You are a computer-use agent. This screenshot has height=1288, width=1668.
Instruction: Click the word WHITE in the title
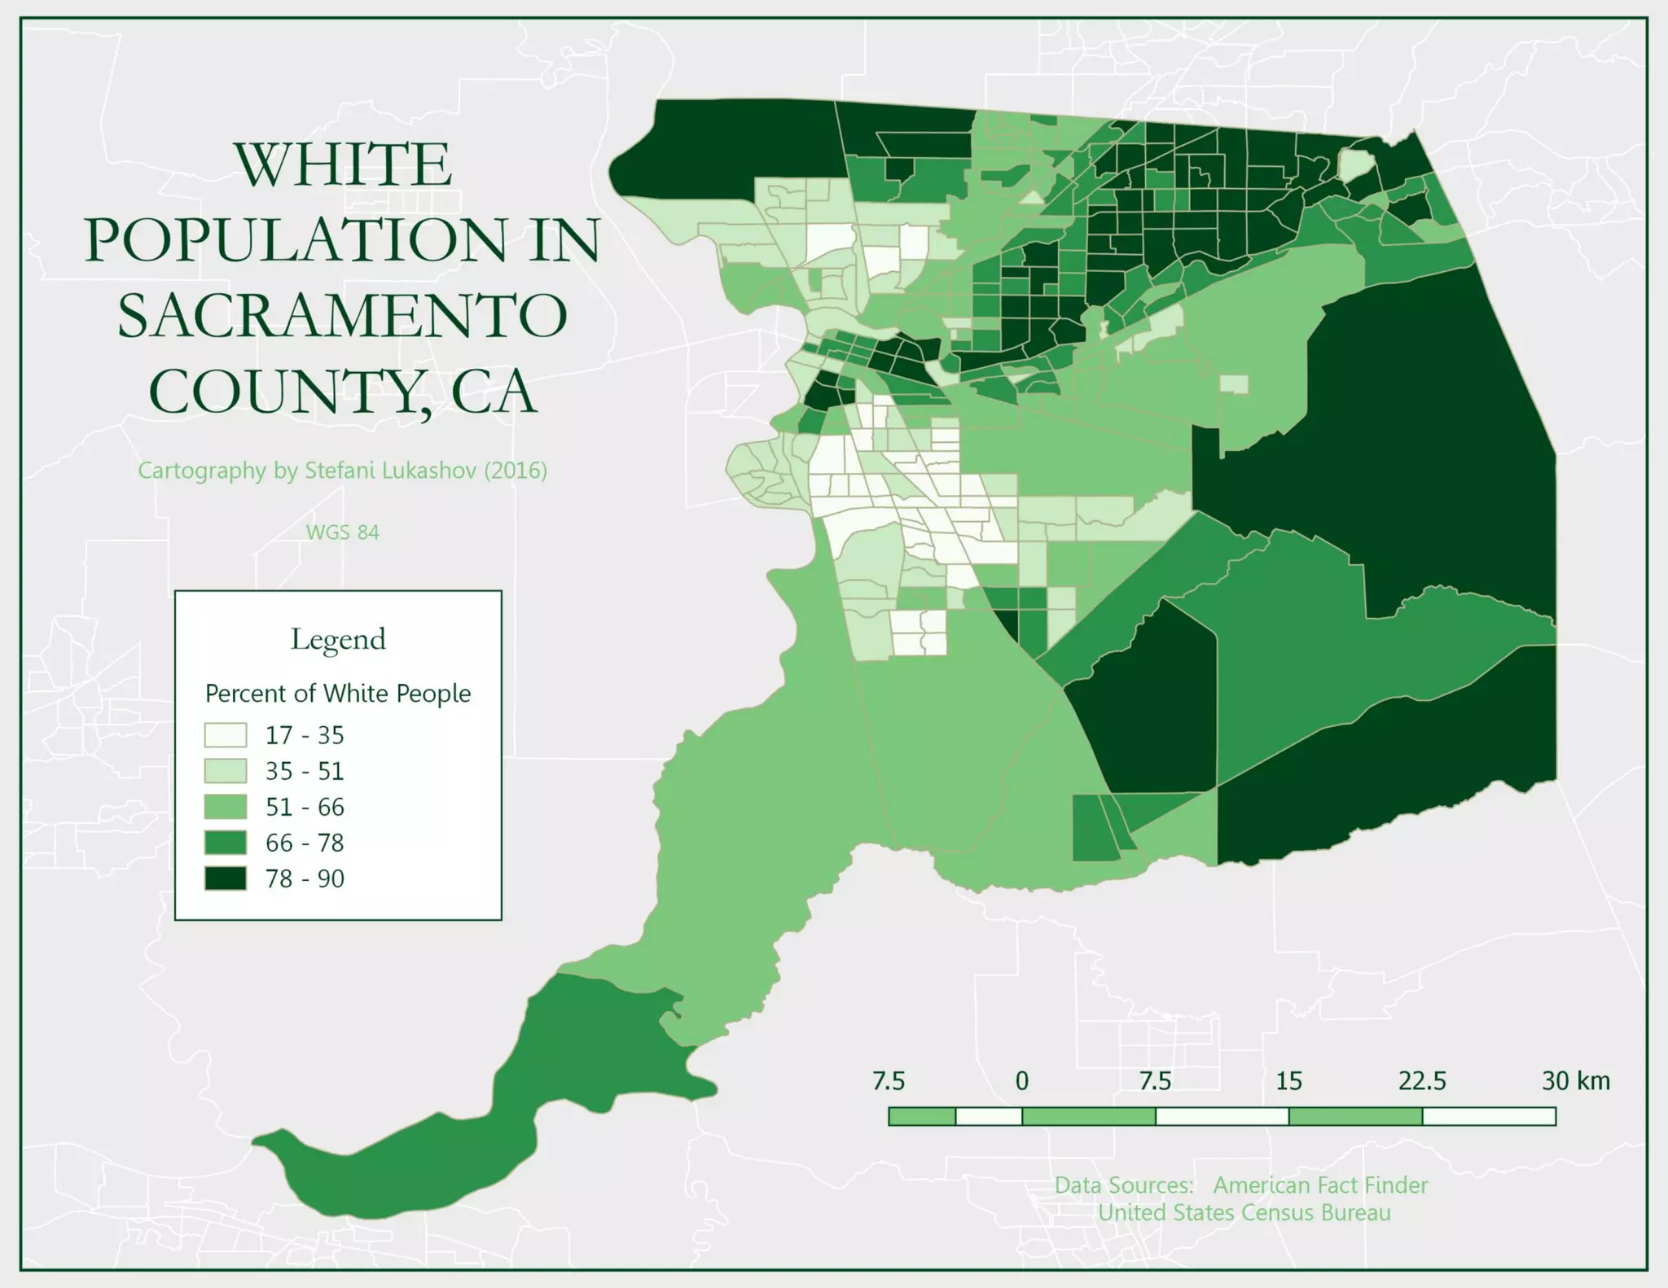click(x=343, y=164)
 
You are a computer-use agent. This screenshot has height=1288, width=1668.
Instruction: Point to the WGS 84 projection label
click(x=343, y=532)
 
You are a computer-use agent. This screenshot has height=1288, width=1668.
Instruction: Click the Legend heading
click(x=338, y=640)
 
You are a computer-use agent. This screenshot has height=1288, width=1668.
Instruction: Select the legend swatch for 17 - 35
click(x=225, y=735)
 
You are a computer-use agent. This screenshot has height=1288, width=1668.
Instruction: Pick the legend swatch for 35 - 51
click(x=225, y=771)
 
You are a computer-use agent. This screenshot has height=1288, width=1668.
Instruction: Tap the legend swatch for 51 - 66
click(x=225, y=807)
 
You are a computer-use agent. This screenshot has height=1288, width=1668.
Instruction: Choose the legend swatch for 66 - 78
click(x=225, y=843)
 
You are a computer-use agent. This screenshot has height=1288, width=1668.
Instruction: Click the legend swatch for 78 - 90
click(x=225, y=878)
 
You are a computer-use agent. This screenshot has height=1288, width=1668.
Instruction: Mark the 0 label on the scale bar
click(x=1021, y=1081)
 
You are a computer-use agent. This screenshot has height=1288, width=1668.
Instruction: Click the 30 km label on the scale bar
click(x=1575, y=1081)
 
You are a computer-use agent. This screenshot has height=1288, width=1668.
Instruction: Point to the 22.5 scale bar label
click(x=1422, y=1081)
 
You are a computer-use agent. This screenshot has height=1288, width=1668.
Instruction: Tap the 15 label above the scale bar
click(x=1288, y=1081)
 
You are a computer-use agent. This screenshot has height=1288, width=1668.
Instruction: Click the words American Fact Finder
click(x=1320, y=1185)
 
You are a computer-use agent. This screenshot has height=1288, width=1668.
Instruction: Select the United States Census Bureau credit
click(x=1244, y=1213)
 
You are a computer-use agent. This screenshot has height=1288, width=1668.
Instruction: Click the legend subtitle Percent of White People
click(x=338, y=694)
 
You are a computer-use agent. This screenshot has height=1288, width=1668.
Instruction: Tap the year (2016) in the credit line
click(x=516, y=471)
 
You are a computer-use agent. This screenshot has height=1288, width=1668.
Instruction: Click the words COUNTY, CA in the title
click(x=343, y=392)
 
